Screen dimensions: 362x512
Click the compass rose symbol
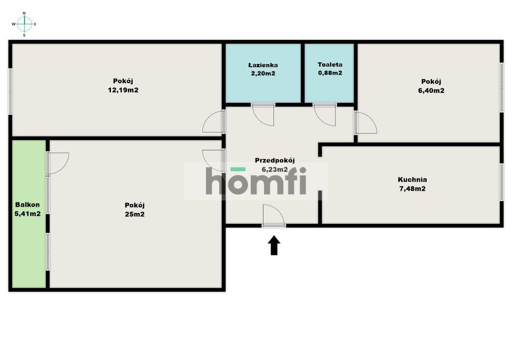coord(25,24)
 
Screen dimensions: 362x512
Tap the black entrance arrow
coord(274,246)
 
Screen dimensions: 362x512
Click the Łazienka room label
coord(262,65)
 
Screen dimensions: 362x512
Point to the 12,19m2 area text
coord(123,90)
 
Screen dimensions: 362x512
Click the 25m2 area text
coord(134,214)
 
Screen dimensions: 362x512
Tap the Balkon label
coord(27,205)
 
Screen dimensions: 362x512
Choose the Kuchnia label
coord(412,180)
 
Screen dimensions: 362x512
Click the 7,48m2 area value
coord(412,188)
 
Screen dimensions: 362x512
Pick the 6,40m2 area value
coord(432,90)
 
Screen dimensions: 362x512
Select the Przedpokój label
coord(275,160)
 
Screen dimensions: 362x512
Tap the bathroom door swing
coord(262,114)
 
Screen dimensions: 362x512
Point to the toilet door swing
coord(325,114)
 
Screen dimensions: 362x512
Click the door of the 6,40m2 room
coord(365,123)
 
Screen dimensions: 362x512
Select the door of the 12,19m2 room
coord(213,122)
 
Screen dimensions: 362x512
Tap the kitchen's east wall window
coord(501,182)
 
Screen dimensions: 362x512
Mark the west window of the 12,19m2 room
coord(10,90)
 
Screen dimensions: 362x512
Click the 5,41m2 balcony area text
coord(27,214)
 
